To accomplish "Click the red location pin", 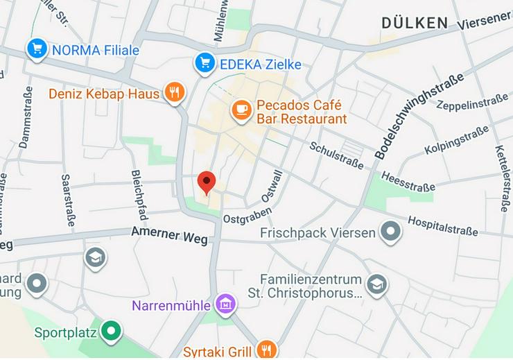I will (x=207, y=182).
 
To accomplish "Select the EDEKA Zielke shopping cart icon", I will (x=205, y=64).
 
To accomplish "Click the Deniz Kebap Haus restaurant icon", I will (x=175, y=93).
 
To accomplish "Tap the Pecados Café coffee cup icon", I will (x=241, y=110).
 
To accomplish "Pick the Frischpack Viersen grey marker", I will (x=391, y=232).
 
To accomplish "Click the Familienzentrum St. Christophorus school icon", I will (x=376, y=286).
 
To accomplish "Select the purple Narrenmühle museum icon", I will (x=226, y=304).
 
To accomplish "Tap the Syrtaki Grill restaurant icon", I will (x=266, y=349).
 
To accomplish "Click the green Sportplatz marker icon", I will (x=110, y=332).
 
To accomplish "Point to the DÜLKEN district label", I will (x=415, y=23).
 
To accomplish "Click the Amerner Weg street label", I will (x=169, y=236).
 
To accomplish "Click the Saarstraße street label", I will (x=68, y=200).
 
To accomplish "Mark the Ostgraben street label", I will (x=241, y=218).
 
